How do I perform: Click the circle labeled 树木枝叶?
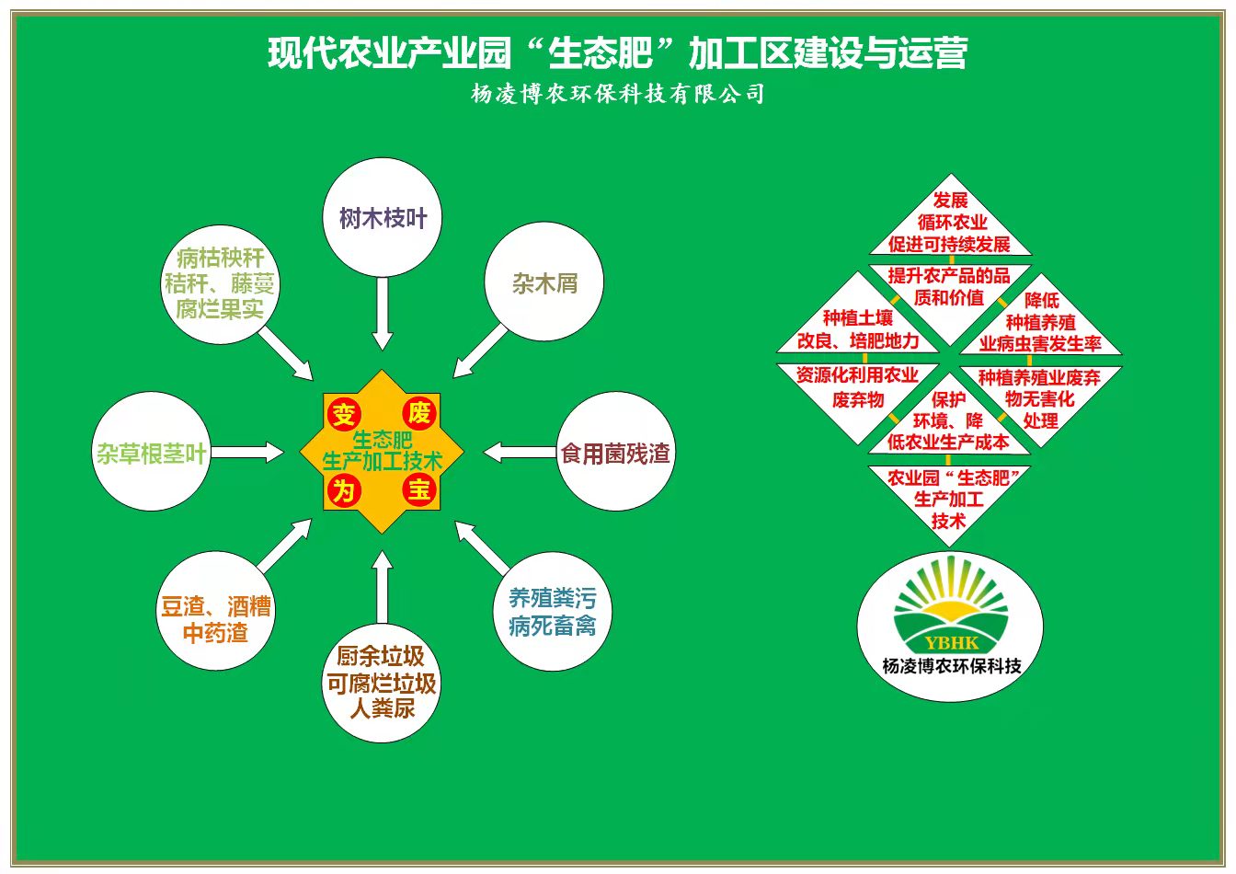click(x=383, y=217)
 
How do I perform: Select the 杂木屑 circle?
click(x=544, y=282)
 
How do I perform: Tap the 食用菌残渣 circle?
click(x=616, y=451)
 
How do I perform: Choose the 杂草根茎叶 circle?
click(x=151, y=451)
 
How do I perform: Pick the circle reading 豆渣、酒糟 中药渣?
click(x=216, y=611)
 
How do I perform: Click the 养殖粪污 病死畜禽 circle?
click(x=553, y=611)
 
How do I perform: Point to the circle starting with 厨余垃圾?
click(x=382, y=683)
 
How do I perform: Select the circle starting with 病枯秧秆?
click(x=220, y=284)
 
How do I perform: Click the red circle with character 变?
click(x=344, y=414)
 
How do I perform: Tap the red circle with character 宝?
click(x=419, y=489)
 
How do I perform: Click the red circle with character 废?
click(x=419, y=413)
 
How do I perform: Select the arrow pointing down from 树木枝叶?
click(x=383, y=314)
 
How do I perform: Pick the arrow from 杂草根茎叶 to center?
click(x=246, y=452)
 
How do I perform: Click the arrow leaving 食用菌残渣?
click(x=520, y=452)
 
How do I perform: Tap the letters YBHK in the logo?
click(x=951, y=643)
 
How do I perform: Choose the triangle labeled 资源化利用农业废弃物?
click(x=858, y=397)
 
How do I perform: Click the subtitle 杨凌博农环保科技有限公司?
click(x=618, y=94)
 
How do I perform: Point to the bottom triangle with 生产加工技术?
click(x=949, y=497)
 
